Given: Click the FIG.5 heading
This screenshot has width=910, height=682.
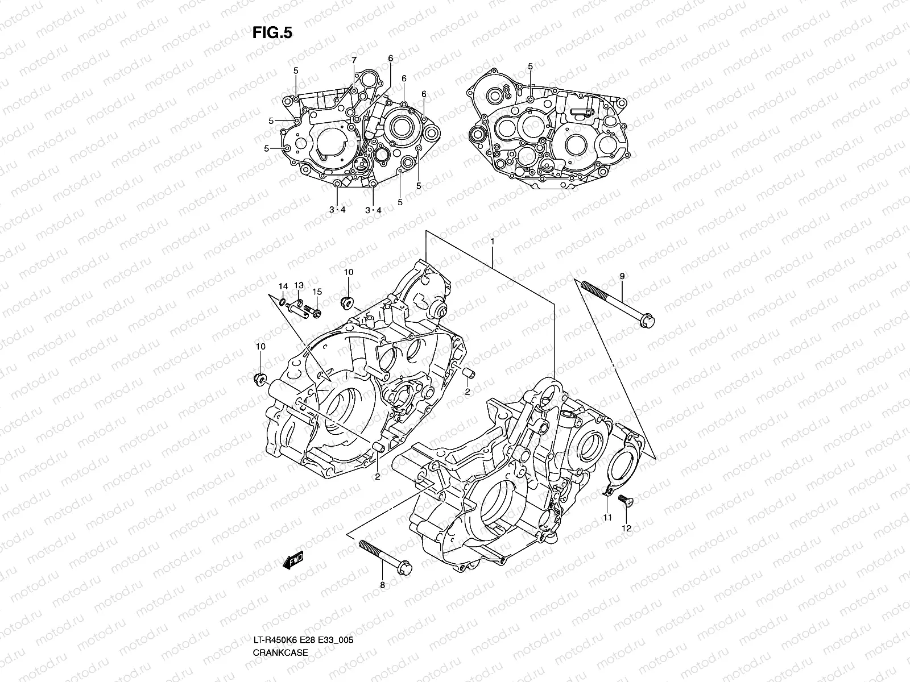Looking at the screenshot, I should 272,34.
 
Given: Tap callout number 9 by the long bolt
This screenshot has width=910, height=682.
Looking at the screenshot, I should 622,276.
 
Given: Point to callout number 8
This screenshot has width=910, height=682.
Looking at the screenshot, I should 382,584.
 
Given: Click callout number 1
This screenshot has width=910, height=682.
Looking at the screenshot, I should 492,242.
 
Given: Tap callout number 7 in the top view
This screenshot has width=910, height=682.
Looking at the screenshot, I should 353,60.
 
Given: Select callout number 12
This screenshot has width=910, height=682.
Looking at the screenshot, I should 626,528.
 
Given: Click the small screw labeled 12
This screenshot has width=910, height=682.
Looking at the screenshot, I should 622,501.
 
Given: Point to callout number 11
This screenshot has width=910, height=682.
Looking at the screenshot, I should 607,517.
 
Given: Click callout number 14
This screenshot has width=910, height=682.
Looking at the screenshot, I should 283,285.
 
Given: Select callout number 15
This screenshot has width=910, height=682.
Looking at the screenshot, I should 317,292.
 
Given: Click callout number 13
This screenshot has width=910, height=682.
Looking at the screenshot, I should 299,285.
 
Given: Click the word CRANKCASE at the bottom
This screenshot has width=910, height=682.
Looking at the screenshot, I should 280,621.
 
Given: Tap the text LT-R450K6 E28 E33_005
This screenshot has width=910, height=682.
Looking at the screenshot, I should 304,609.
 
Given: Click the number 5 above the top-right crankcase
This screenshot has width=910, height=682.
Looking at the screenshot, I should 530,66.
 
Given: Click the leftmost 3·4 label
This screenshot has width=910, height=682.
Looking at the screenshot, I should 337,210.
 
